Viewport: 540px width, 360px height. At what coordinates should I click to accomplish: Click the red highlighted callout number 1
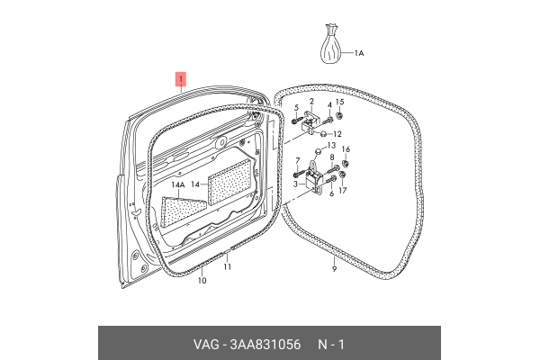[x=181, y=79]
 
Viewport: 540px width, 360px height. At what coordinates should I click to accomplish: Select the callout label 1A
[x=359, y=53]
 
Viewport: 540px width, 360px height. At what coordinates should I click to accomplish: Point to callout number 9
[x=334, y=269]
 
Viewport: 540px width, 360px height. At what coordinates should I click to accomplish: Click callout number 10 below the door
[x=202, y=281]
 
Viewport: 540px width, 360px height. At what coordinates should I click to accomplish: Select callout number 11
[x=227, y=266]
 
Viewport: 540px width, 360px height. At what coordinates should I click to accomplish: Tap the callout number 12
[x=337, y=134]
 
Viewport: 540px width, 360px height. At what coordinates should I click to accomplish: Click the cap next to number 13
[x=318, y=151]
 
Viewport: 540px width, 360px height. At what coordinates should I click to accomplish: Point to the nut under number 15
[x=339, y=115]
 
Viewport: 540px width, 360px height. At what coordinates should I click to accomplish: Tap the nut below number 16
[x=346, y=163]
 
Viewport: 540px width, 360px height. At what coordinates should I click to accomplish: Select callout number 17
[x=343, y=190]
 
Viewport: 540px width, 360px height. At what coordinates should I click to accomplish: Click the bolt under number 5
[x=297, y=121]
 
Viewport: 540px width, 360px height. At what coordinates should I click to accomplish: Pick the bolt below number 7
[x=300, y=175]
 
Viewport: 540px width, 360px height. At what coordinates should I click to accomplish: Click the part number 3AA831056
[x=265, y=345]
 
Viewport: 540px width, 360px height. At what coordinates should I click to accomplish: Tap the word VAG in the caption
[x=206, y=345]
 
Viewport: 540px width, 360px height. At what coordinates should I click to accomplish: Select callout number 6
[x=331, y=194]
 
